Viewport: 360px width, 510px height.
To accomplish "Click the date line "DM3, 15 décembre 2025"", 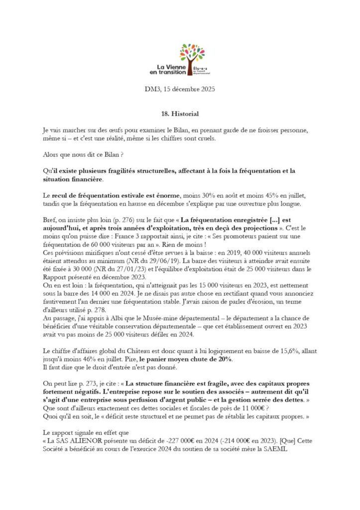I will coord(180,90).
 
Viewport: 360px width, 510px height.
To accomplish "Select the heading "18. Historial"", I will coord(180,114).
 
